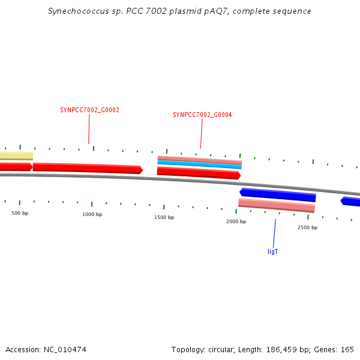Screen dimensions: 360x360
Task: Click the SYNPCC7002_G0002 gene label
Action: click(89, 110)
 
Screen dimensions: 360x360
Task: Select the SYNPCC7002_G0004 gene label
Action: click(202, 115)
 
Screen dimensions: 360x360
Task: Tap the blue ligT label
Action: click(273, 251)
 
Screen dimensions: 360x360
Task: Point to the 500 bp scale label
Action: click(20, 213)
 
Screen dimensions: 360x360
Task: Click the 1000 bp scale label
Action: click(92, 214)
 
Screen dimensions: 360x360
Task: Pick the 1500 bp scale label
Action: click(164, 217)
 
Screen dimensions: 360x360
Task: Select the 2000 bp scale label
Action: click(236, 221)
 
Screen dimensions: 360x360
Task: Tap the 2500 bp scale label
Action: click(307, 227)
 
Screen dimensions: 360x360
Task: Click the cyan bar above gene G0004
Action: click(200, 164)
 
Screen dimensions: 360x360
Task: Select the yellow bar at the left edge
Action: click(16, 156)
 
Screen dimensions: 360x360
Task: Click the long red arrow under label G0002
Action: click(88, 168)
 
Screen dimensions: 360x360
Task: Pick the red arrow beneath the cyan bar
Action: click(199, 173)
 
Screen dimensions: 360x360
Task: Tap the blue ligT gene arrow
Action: click(278, 194)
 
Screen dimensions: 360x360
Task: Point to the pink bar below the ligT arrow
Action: click(277, 205)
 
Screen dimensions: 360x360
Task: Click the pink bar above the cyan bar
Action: click(200, 160)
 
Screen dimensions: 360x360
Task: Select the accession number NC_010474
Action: click(65, 350)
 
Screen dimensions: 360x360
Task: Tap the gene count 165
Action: click(347, 349)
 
